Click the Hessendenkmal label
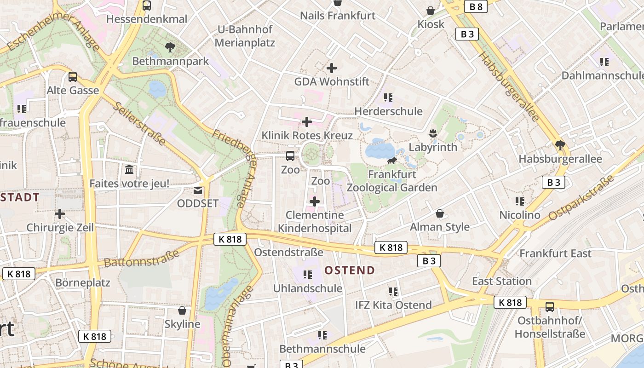tap(147, 19)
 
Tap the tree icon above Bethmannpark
tap(170, 47)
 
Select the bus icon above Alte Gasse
tap(73, 76)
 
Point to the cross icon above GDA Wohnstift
tap(331, 68)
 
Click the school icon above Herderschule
tap(388, 97)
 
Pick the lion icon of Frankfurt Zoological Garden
tap(392, 161)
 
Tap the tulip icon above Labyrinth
tap(432, 133)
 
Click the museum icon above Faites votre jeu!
tap(129, 170)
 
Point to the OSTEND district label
tap(350, 270)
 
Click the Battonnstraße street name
tap(141, 259)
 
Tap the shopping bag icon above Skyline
tap(182, 310)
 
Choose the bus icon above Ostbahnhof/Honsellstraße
tap(549, 306)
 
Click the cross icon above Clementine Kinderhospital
tap(315, 201)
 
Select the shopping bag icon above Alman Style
tap(440, 213)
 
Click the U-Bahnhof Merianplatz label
tap(245, 36)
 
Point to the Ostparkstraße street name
tap(581, 197)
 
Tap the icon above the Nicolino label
tap(520, 201)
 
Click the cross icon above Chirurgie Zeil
tap(60, 214)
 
